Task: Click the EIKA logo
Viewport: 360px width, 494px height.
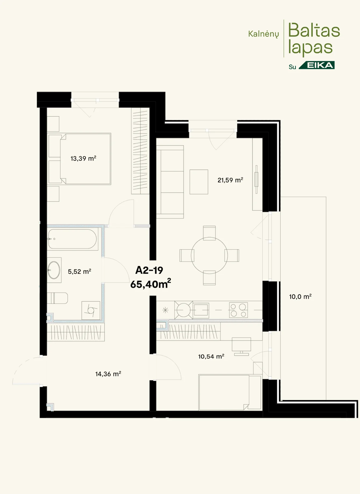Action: (x=317, y=65)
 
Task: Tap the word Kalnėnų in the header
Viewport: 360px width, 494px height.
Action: (x=264, y=34)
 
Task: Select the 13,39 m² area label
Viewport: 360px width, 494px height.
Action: (x=83, y=158)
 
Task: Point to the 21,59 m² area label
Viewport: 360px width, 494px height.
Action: (x=230, y=180)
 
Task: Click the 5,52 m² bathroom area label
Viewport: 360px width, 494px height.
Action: (x=80, y=271)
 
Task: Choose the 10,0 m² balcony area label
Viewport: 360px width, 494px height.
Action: (x=300, y=296)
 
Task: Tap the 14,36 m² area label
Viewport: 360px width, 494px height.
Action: (x=108, y=374)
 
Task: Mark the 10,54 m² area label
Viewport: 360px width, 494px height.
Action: (x=211, y=356)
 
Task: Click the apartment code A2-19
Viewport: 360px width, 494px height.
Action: (x=149, y=270)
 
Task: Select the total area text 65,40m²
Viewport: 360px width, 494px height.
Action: (x=151, y=284)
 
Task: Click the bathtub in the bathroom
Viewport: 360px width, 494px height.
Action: (x=72, y=239)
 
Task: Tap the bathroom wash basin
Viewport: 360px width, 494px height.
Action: (x=54, y=270)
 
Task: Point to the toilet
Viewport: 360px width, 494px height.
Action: (x=57, y=298)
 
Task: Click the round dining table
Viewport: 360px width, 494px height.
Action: (x=209, y=255)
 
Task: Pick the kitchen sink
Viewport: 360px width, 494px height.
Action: (x=201, y=310)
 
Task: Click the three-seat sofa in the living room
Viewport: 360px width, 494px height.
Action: (x=170, y=182)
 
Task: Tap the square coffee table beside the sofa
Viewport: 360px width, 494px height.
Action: (x=199, y=182)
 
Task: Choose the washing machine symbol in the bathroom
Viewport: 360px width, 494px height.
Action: (x=91, y=311)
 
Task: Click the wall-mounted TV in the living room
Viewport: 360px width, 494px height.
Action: (x=256, y=179)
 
